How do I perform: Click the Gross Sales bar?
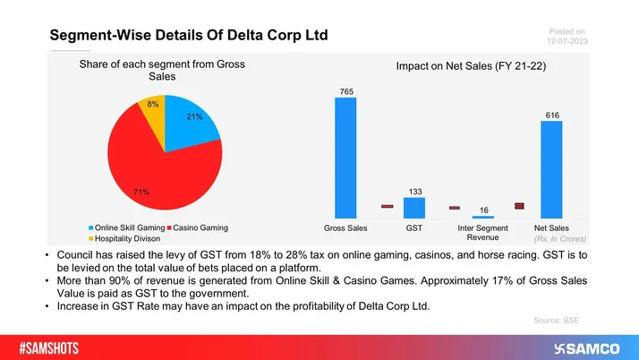click(345, 158)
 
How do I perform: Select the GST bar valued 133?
click(414, 208)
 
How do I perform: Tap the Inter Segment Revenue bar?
click(482, 217)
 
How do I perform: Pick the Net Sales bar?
click(551, 170)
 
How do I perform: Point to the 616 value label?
click(551, 115)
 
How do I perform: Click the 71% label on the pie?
click(141, 192)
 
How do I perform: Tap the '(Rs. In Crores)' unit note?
click(559, 240)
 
